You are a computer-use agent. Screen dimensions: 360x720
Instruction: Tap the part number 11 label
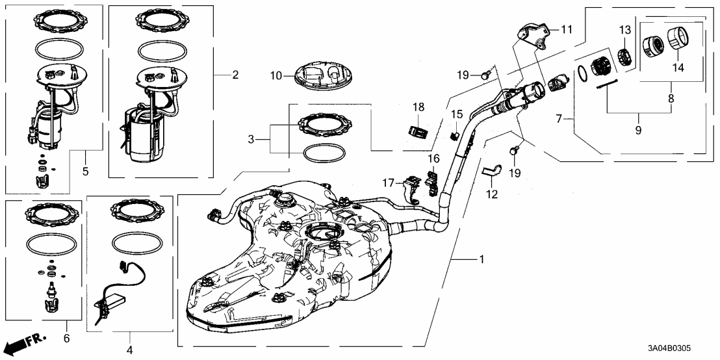point(567,29)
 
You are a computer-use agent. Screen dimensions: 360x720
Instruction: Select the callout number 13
point(624,30)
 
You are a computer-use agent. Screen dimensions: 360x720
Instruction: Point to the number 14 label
point(678,67)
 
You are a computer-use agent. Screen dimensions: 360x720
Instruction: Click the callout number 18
point(418,107)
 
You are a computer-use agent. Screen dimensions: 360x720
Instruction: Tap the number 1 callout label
point(482,259)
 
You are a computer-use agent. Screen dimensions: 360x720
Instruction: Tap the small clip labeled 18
point(417,129)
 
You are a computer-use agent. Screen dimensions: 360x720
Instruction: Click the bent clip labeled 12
point(492,171)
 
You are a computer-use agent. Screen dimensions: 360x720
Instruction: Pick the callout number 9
point(638,131)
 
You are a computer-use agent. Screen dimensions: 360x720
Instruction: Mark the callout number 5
point(86,172)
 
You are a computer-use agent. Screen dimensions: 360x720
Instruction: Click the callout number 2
point(235,75)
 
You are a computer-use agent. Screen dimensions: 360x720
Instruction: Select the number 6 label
point(66,339)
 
